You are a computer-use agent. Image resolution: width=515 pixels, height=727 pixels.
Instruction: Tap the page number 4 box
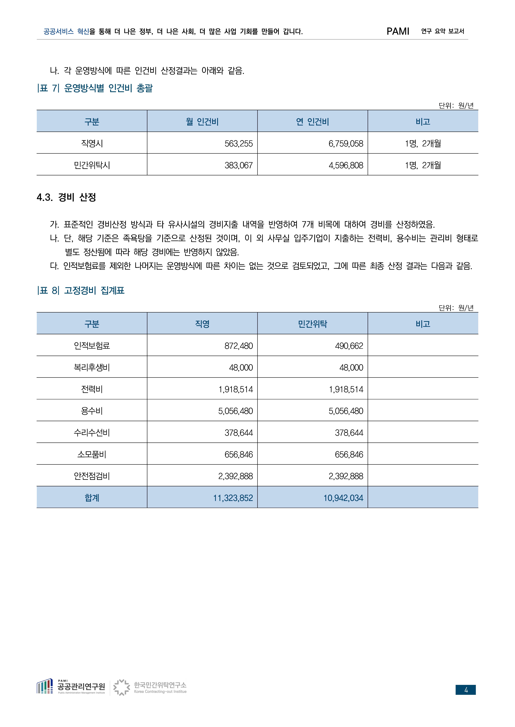coord(465,690)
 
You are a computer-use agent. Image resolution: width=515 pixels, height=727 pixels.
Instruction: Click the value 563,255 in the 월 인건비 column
coord(238,144)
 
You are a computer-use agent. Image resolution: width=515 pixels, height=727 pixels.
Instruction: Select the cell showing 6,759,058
coord(346,144)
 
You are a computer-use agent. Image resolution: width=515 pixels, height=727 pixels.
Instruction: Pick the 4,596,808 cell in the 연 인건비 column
coord(346,165)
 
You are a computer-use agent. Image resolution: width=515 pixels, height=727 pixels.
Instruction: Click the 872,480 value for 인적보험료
coord(238,346)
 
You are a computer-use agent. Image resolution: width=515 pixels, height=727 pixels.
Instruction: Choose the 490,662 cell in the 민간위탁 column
coord(349,346)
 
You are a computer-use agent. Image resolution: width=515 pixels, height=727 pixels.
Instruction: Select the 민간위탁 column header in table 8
coord(312,324)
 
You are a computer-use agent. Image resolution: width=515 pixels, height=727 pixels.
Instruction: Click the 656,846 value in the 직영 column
coord(238,455)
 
